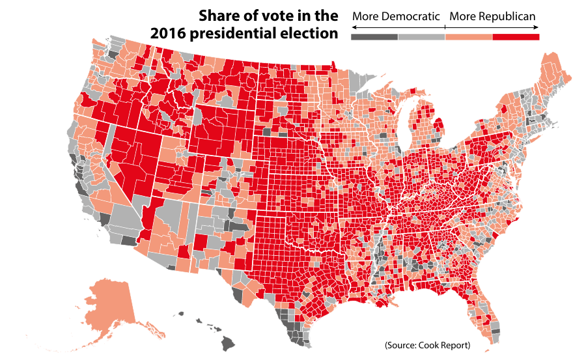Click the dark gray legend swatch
coord(374,37)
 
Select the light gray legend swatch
coord(421,37)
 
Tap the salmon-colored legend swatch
coord(469,37)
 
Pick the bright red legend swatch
coord(516,37)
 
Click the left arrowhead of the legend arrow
coord(354,27)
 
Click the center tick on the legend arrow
coord(445,27)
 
